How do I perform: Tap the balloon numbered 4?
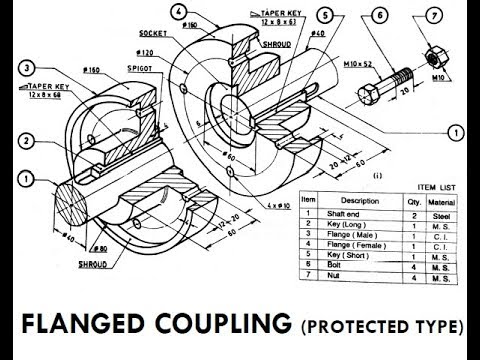pos(177,12)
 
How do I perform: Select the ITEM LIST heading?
pos(435,185)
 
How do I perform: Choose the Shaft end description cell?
pos(345,214)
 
